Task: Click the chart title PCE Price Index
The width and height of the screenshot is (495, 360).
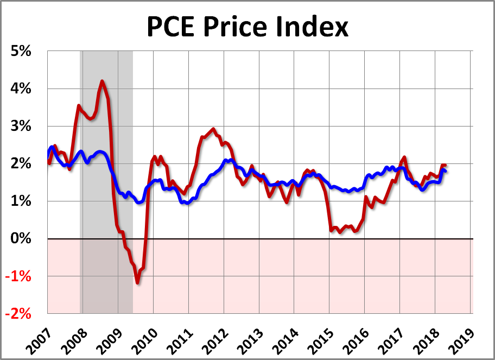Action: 247,27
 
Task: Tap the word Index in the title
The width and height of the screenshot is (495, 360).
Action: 316,27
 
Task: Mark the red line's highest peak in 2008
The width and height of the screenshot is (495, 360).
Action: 102,81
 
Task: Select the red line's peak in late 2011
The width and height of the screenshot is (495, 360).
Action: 213,129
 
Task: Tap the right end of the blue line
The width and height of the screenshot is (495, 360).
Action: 446,172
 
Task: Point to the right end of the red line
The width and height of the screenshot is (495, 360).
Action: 445,165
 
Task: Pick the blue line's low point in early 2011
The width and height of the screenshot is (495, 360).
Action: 187,203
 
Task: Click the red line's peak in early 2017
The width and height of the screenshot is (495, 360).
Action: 404,157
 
